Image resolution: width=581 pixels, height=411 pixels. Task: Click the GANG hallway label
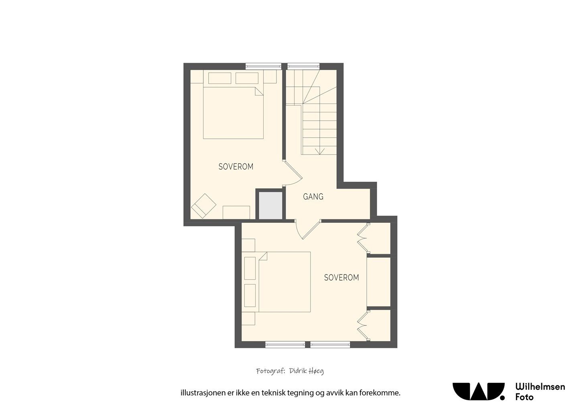click(313, 197)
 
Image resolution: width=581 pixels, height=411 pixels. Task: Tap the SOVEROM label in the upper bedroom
click(236, 167)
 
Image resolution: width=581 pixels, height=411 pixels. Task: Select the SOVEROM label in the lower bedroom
click(341, 278)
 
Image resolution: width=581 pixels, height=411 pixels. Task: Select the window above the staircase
click(303, 67)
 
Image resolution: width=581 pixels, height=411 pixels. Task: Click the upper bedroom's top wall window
click(263, 67)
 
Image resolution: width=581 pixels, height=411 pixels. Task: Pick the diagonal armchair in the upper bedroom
click(203, 206)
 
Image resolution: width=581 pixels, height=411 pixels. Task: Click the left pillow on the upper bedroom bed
click(220, 78)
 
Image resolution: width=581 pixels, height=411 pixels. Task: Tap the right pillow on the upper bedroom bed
click(247, 78)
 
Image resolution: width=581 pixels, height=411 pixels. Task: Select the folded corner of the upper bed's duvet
click(259, 92)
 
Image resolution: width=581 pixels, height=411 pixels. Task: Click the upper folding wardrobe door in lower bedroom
click(363, 238)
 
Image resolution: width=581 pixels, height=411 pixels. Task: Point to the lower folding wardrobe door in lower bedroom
click(363, 325)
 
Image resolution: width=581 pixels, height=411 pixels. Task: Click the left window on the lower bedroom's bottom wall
click(285, 345)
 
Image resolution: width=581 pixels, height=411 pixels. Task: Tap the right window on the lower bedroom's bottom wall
click(330, 345)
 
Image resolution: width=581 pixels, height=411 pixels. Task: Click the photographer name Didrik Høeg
click(306, 371)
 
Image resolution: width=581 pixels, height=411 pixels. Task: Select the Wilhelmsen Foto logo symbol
click(479, 391)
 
